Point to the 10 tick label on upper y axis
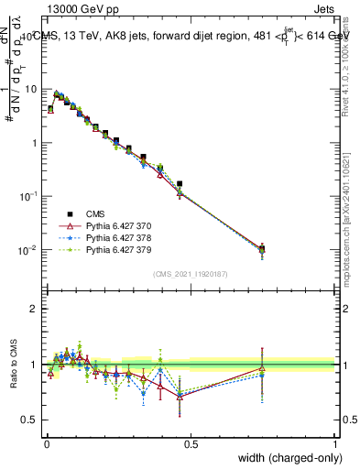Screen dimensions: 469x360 (32, 89)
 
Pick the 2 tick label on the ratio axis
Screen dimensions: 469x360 (35, 309)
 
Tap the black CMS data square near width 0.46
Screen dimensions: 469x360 (180, 184)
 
